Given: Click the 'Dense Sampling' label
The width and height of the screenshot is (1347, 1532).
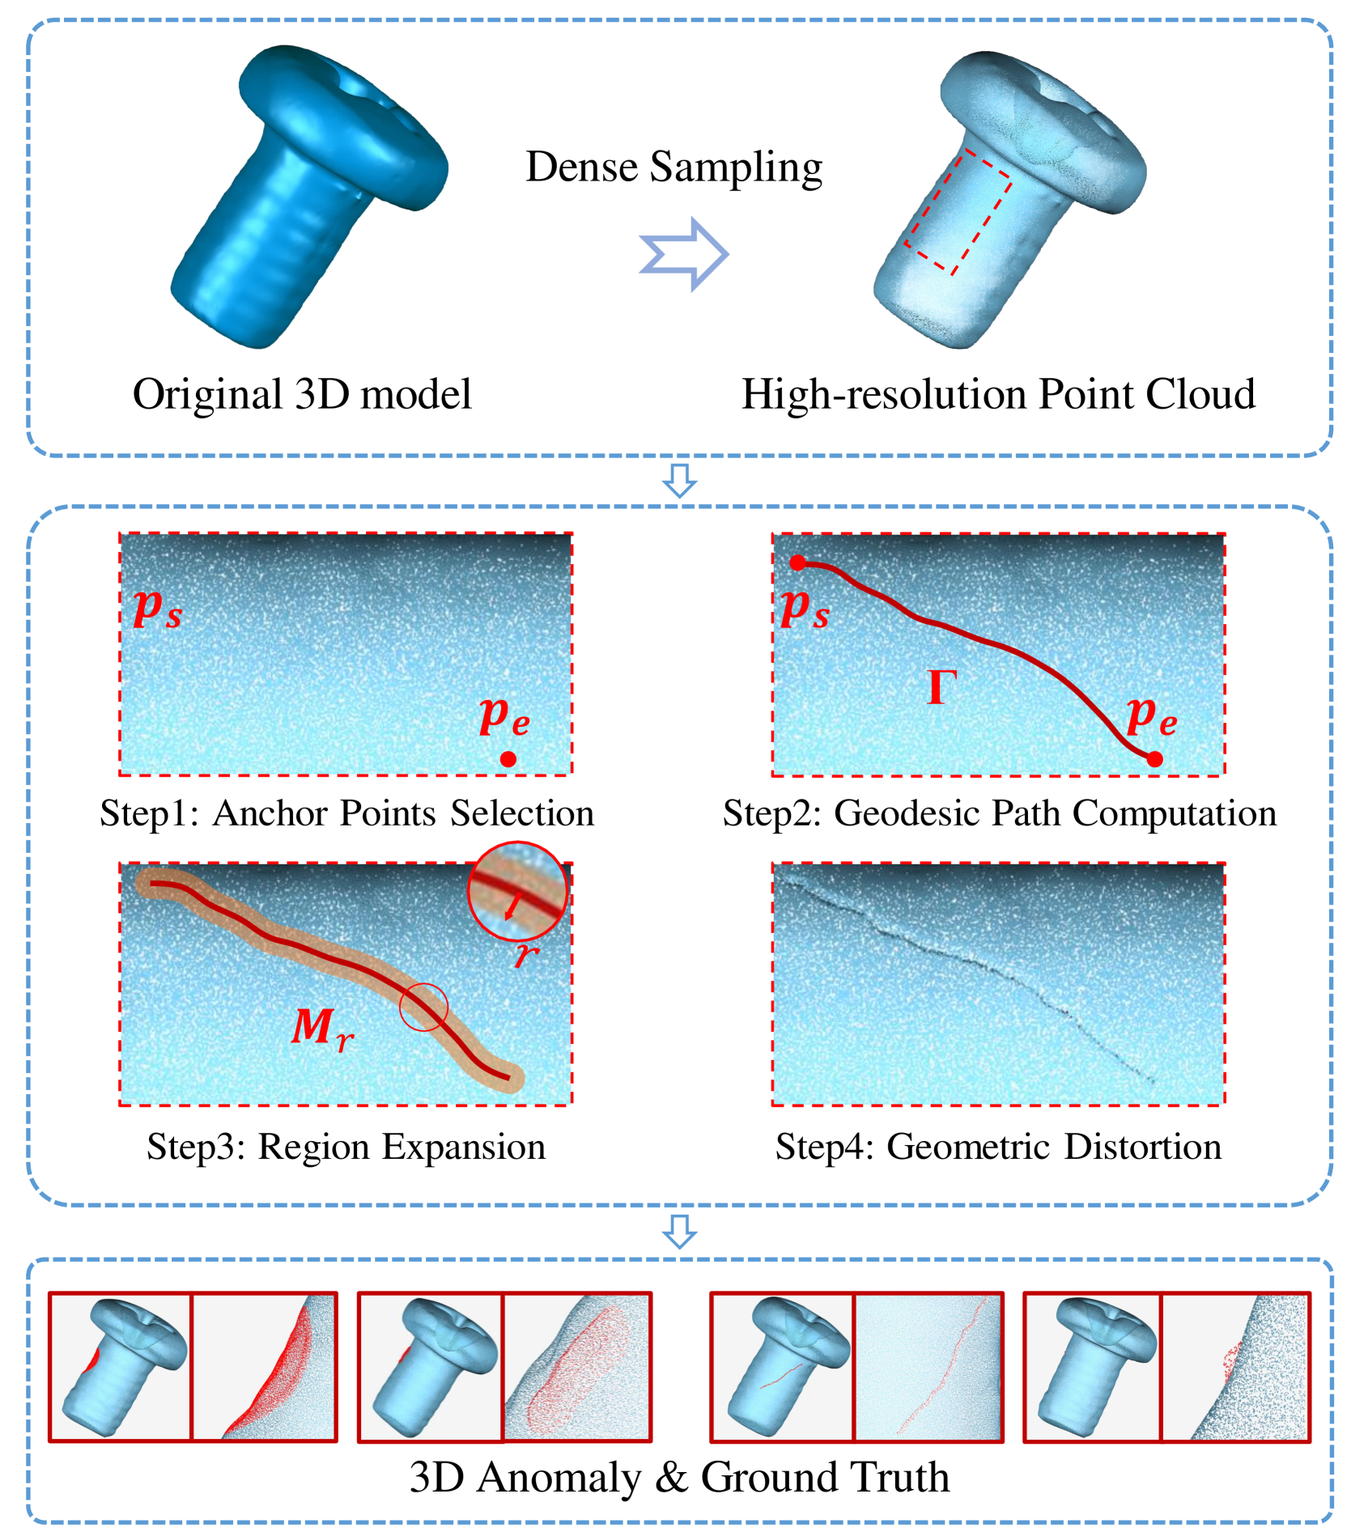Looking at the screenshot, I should click(673, 167).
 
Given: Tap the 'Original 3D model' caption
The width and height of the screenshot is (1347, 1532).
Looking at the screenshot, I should click(302, 394).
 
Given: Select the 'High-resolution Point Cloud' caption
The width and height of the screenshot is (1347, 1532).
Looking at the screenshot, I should click(998, 394).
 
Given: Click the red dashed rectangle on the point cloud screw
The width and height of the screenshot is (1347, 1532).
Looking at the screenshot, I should click(958, 214).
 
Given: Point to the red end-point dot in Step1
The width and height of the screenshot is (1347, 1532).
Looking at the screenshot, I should click(508, 759).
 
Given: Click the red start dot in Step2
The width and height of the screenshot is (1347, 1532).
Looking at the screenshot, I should click(797, 563).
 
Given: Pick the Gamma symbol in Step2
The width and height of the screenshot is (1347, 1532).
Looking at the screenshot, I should click(941, 688).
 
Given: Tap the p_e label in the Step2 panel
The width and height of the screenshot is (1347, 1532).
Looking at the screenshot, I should click(1151, 715).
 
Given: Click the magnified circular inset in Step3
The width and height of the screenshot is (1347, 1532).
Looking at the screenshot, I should click(517, 890).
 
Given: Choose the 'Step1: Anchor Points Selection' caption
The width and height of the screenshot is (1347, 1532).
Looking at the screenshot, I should click(346, 813).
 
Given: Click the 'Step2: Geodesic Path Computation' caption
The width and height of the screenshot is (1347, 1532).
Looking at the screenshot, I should click(999, 813).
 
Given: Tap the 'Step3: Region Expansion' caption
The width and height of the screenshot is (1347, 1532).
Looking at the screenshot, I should click(346, 1147).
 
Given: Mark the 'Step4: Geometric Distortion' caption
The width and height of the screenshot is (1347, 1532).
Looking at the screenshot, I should click(998, 1147).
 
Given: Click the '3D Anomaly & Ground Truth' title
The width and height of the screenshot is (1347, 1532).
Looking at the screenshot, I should click(679, 1477).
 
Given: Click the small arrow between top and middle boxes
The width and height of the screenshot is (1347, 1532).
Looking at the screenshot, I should click(679, 480).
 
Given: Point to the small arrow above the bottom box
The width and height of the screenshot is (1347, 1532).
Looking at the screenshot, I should click(679, 1230).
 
